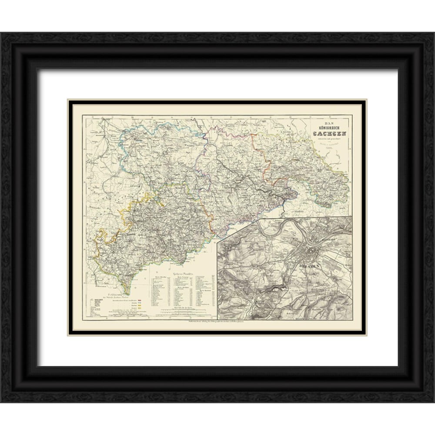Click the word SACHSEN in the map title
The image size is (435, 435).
(x=329, y=134)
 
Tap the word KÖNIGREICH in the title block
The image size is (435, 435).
(x=329, y=128)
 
